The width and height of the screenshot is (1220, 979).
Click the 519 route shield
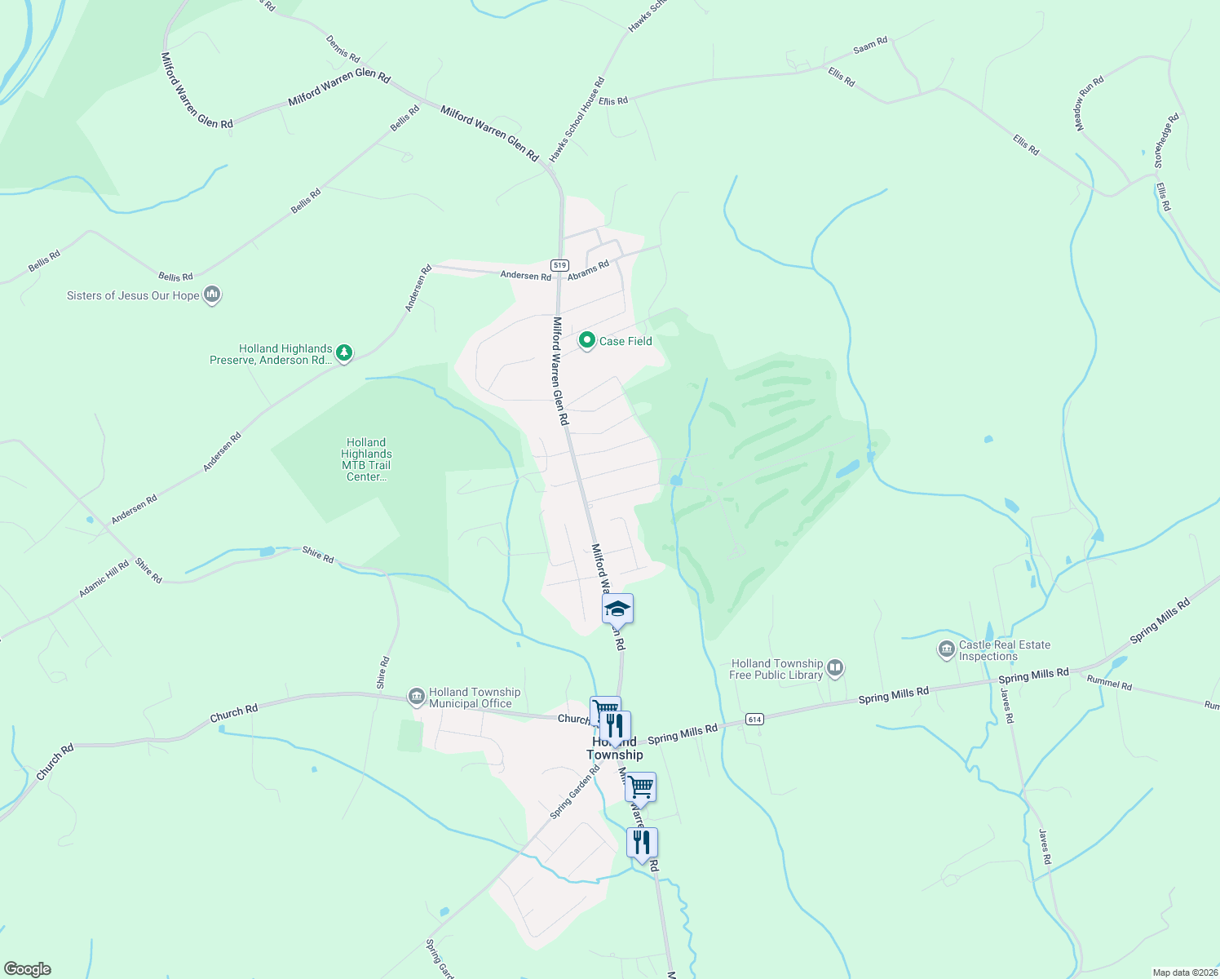pos(559,265)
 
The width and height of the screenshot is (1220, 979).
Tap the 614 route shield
pos(754,719)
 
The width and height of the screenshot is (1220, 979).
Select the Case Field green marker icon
pos(586,340)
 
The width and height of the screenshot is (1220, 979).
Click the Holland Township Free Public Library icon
pos(835,669)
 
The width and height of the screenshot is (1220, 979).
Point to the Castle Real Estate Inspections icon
pos(947,649)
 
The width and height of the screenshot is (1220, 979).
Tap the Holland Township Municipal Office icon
pos(417,697)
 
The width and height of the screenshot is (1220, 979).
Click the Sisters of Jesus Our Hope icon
pos(212,295)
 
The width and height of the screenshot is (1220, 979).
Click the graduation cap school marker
pos(617,609)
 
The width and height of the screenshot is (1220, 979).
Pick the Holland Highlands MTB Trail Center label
pos(366,459)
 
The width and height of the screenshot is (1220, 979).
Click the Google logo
pos(28,968)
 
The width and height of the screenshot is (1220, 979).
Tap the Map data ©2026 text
pos(1183,972)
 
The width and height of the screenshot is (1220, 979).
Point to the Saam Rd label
pos(869,46)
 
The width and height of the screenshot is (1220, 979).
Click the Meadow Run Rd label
pos(1089,103)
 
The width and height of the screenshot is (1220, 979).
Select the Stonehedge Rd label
pos(1167,141)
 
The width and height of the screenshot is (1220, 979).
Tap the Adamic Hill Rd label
pos(104,578)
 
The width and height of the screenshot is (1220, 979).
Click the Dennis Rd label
pos(343,48)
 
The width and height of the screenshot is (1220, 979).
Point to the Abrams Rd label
pos(588,270)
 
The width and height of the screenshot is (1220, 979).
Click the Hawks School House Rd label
pos(577,119)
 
